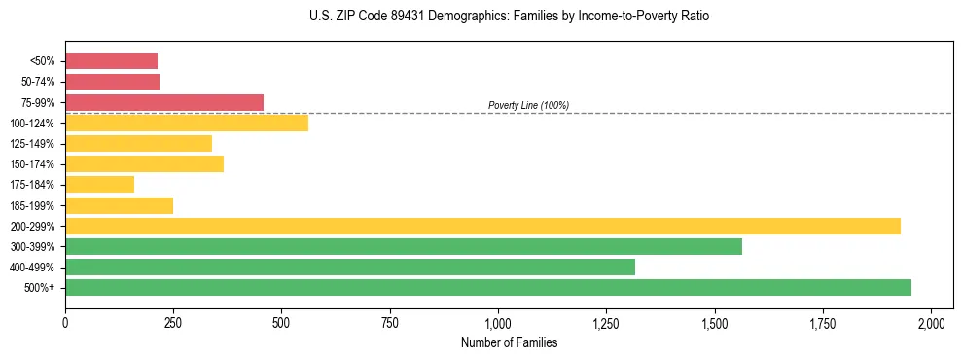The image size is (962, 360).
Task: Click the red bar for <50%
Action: pos(111,61)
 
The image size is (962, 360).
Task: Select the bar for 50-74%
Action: pos(112,82)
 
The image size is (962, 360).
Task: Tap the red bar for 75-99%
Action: pos(163,102)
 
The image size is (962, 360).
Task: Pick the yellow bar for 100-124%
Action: pos(186,123)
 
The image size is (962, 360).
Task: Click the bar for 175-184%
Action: pos(99,184)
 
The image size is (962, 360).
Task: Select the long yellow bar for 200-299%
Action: pos(482,226)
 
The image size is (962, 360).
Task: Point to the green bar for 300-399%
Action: pos(403,246)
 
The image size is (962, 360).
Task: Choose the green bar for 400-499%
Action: pos(349,267)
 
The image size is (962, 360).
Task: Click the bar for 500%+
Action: pos(487,287)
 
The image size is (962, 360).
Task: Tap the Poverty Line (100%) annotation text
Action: pos(528,105)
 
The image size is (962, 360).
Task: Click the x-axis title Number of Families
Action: pos(509,342)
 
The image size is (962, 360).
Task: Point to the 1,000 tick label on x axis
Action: pos(498,323)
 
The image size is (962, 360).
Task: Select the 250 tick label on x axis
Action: pos(173,323)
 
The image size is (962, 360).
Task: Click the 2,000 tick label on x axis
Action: pos(931,323)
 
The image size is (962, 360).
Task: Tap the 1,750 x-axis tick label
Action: pos(823,323)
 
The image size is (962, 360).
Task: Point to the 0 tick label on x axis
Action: pos(65,323)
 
